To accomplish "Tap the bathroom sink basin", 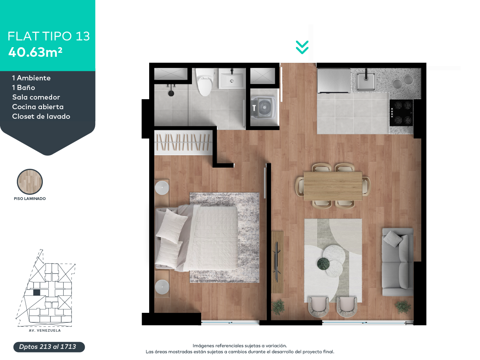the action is tap(232, 78).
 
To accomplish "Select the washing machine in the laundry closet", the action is tap(264, 107).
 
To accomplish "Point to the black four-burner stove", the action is tap(401, 112).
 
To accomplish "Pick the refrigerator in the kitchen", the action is tap(334, 81).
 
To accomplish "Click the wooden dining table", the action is tap(333, 186).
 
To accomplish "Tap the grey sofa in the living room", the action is tap(398, 262).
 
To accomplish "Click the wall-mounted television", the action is tap(277, 262).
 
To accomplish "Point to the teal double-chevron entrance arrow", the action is tap(302, 47).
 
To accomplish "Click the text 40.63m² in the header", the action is tap(36, 52).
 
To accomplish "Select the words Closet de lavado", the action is tap(41, 116).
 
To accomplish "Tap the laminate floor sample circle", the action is tap(30, 182).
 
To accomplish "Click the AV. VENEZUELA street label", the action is tap(45, 330).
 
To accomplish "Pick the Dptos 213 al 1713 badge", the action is tap(49, 347).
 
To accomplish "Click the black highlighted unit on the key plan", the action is tap(37, 292).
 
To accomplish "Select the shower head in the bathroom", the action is tap(171, 93).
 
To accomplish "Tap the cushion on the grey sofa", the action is tap(393, 239).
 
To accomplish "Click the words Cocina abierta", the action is tap(38, 107).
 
